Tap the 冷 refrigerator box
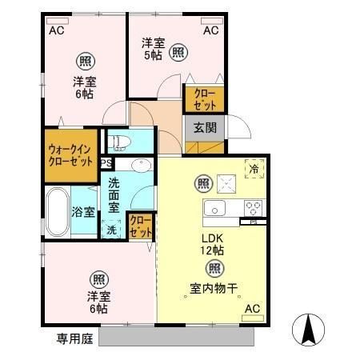tap(254, 169)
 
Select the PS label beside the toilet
tap(106, 163)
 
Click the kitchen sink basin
tap(216, 210)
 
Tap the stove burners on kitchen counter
tap(254, 208)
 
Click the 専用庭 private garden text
tap(74, 338)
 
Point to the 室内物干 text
tap(214, 289)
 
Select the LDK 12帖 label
tap(213, 242)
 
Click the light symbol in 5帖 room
tap(180, 53)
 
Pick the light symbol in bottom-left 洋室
tap(98, 279)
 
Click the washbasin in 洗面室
tap(141, 166)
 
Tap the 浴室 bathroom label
tap(84, 212)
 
